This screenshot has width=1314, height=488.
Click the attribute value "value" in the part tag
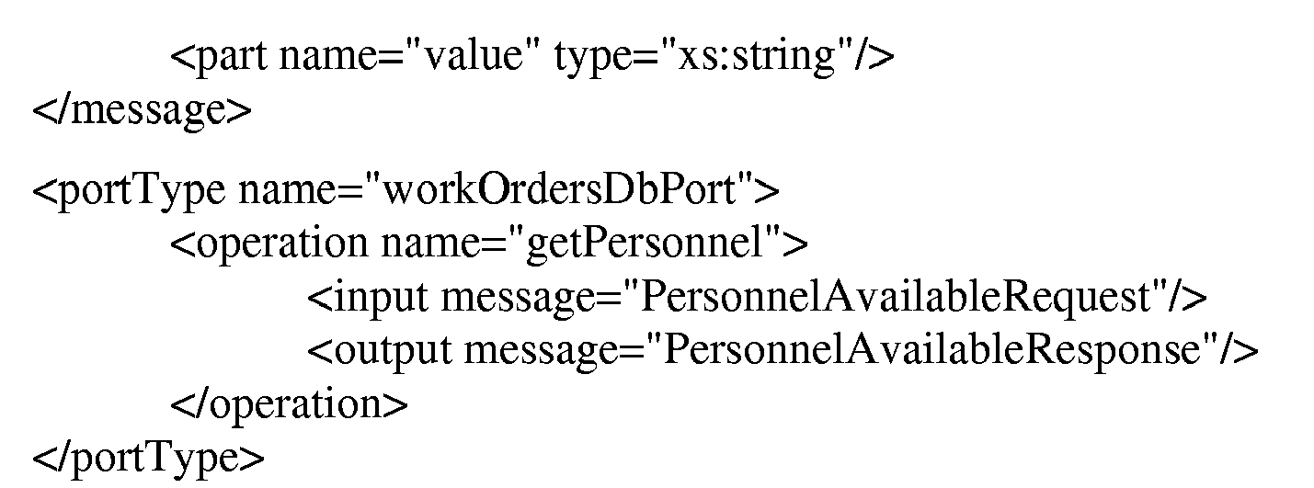click(473, 56)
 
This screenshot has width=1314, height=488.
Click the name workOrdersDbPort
click(559, 189)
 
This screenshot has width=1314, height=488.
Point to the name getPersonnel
click(646, 243)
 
